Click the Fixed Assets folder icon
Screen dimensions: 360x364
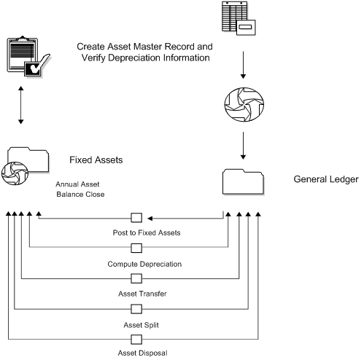(x=27, y=164)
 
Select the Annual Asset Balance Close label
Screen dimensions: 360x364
(x=81, y=189)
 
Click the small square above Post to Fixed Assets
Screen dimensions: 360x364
(x=136, y=217)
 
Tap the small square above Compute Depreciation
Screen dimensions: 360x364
(x=136, y=248)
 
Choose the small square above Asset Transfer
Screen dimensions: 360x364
(x=136, y=278)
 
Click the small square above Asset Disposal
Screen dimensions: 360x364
(x=136, y=340)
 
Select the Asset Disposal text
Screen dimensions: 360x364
(x=136, y=353)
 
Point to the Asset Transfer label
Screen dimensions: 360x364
(x=136, y=293)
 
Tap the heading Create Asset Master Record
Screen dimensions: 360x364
(x=144, y=46)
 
